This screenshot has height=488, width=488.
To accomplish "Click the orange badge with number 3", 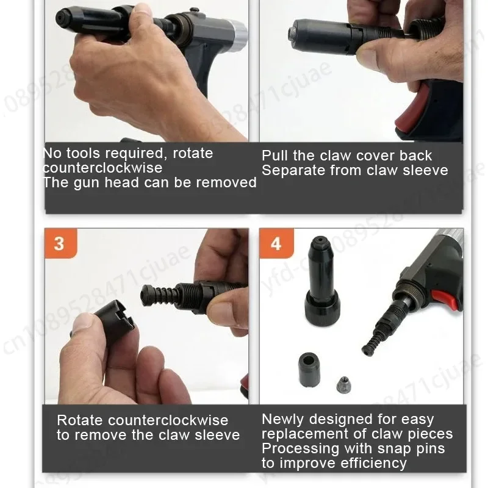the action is point(60,243).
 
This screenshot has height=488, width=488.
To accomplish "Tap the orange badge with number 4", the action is point(276,243).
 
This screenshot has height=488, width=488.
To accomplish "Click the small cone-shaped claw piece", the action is point(343,384).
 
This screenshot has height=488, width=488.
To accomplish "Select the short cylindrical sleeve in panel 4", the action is point(309,369).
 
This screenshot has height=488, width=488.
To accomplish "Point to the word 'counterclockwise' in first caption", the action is point(102,168).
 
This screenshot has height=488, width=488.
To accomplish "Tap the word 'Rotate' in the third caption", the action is point(80,420).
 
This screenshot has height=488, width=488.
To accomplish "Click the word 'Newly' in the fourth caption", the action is point(283,420).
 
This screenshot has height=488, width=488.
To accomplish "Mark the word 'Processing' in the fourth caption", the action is point(301,449).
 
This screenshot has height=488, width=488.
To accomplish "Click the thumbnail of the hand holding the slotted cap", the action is point(146,316).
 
